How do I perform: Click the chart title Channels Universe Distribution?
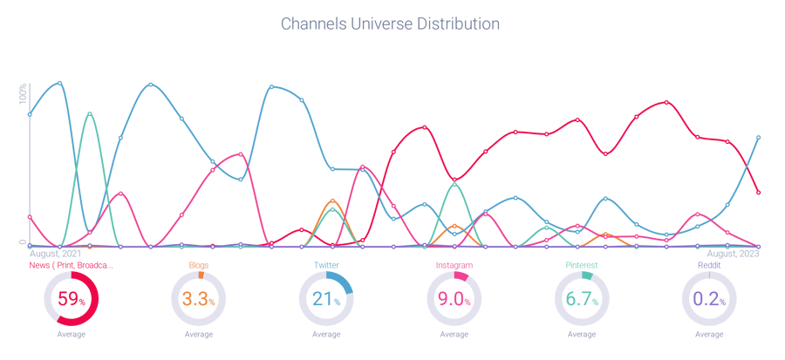[390, 24]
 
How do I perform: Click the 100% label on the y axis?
[24, 93]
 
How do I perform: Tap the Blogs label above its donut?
[199, 264]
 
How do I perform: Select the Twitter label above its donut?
[326, 264]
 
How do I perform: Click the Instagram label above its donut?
[454, 264]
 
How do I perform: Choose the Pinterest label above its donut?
[579, 264]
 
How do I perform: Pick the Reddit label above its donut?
[708, 264]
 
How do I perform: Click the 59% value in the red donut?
[71, 299]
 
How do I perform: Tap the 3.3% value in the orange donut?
[198, 299]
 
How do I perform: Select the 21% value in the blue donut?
[325, 299]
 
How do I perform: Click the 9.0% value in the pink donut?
[454, 299]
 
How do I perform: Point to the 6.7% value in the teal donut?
[580, 299]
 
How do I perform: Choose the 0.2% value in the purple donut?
[708, 299]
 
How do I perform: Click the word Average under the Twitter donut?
[325, 334]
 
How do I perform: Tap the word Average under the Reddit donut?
[708, 334]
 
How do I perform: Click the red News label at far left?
[71, 264]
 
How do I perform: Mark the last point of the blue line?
[759, 137]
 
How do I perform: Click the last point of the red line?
[759, 192]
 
